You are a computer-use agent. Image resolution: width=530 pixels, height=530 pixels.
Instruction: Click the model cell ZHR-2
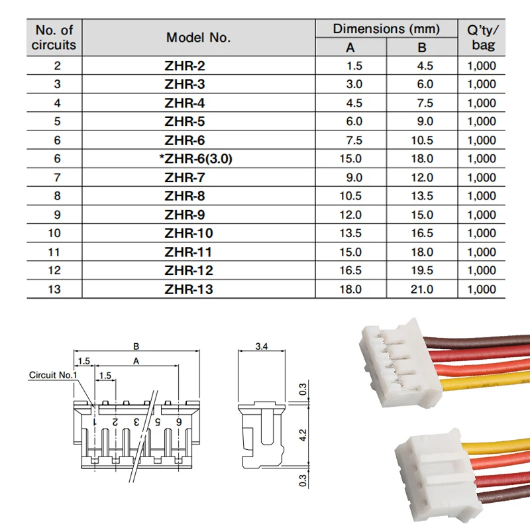(x=189, y=66)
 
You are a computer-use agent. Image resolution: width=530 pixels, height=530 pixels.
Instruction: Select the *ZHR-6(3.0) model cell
(x=189, y=159)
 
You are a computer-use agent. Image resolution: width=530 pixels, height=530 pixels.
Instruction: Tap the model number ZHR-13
(x=189, y=290)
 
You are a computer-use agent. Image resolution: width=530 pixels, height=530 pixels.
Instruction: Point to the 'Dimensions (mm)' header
(x=386, y=28)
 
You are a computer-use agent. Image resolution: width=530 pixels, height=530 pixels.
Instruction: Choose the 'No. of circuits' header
(x=54, y=38)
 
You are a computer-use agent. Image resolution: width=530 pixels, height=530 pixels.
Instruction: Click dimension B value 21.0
(x=421, y=290)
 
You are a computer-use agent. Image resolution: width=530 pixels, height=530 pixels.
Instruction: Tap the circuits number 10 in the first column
(x=54, y=233)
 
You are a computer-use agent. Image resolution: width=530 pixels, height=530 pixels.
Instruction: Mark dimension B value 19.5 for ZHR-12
(x=421, y=270)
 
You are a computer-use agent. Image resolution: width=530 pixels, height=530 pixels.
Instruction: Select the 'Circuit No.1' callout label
(x=53, y=375)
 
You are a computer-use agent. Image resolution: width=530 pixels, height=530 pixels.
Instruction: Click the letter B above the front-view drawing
(x=136, y=345)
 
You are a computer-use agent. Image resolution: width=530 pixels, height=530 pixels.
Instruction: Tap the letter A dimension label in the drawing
(x=136, y=361)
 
